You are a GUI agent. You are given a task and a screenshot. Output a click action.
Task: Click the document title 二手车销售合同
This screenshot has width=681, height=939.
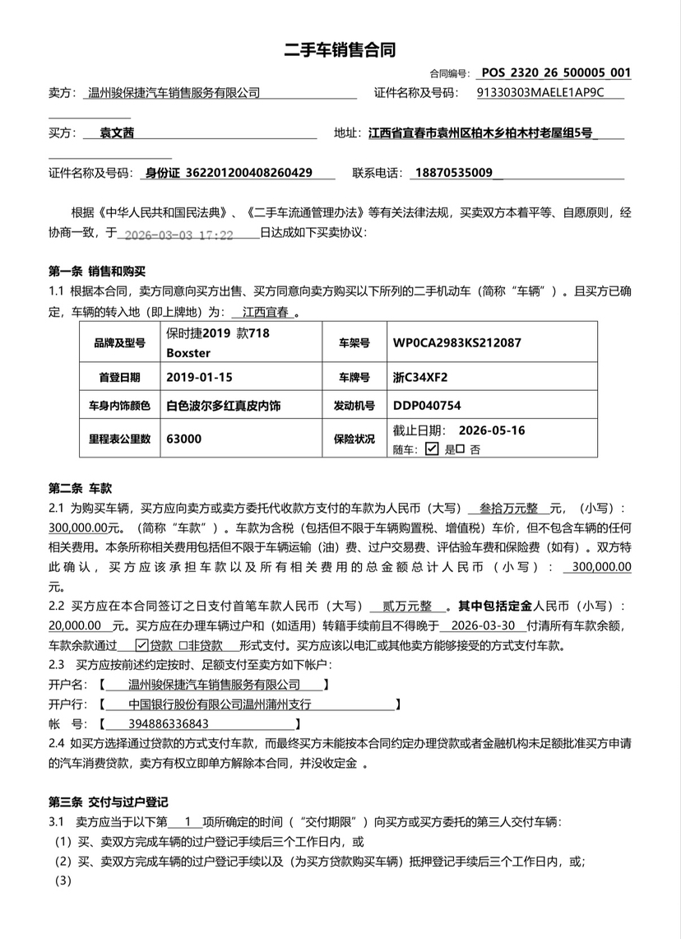pos(340,49)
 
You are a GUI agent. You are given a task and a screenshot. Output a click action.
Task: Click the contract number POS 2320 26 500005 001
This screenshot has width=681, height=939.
pos(556,72)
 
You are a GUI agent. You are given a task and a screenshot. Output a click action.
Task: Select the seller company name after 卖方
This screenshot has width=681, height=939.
pos(174,93)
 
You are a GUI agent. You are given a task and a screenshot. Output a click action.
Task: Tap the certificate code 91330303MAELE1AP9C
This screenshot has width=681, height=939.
pos(540,92)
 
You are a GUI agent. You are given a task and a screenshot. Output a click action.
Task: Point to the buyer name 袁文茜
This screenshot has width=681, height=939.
pos(118,132)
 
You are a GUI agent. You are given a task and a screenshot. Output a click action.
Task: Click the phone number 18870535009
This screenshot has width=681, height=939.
pos(454,173)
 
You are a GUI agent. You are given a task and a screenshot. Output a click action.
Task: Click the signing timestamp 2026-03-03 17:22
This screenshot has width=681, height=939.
pos(177,235)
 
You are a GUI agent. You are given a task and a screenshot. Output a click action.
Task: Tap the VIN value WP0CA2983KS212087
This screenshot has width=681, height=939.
pos(456,342)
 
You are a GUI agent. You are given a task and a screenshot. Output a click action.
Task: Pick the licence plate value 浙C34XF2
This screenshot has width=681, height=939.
pos(420,378)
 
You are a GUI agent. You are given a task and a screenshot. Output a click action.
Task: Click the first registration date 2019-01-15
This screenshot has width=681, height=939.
pos(200,378)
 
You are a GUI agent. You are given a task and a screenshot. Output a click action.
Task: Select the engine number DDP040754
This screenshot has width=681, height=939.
pos(427,406)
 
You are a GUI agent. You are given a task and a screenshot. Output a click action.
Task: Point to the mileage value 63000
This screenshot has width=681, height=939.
pos(183,439)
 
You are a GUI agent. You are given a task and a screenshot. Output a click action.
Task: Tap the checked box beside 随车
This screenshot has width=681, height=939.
pos(432,449)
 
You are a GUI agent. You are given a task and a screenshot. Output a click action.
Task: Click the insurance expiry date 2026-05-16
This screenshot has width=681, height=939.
pos(492,430)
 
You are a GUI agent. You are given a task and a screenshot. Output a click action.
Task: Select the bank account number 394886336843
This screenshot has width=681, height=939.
pos(157,724)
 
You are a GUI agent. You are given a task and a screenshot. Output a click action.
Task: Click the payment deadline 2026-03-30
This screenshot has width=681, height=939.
pos(485,625)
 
